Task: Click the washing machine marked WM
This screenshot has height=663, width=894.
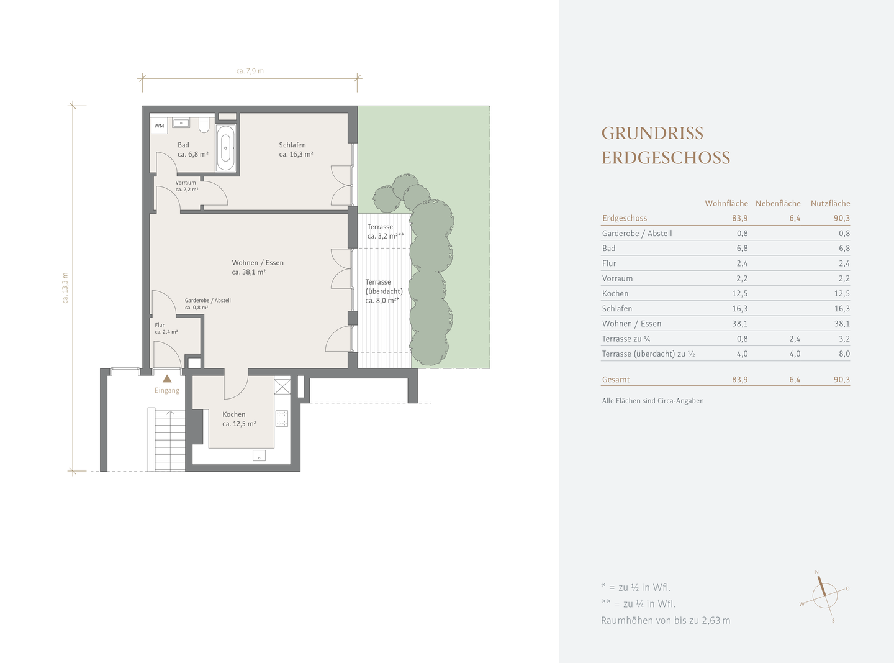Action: pos(159,126)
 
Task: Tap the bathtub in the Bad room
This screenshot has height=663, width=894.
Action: pos(225,148)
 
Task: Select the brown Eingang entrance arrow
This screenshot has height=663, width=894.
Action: pos(167,378)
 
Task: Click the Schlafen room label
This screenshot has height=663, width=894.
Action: pos(292,145)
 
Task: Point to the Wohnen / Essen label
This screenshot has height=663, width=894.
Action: pos(258,263)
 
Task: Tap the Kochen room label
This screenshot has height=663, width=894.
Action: pos(234,414)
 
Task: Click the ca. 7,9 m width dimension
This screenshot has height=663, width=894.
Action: pos(250,71)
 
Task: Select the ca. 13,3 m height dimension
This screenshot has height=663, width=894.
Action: pos(65,288)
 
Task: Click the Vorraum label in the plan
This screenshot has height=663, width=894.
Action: pos(186,183)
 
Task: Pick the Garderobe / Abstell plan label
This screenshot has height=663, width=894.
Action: pos(207,301)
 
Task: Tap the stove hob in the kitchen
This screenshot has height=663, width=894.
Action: pos(282,418)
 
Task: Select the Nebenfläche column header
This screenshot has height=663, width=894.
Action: pos(778,204)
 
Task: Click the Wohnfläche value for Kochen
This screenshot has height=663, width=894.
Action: pos(739,294)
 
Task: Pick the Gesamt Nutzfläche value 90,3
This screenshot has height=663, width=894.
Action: pos(842,380)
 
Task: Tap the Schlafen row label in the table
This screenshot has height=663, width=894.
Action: pos(616,309)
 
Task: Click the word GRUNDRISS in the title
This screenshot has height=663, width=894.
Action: pos(652,134)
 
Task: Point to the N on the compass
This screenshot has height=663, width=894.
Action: pos(816,572)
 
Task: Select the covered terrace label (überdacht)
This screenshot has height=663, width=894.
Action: pos(384,291)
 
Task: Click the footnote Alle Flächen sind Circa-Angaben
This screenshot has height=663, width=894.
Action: pos(652,401)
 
